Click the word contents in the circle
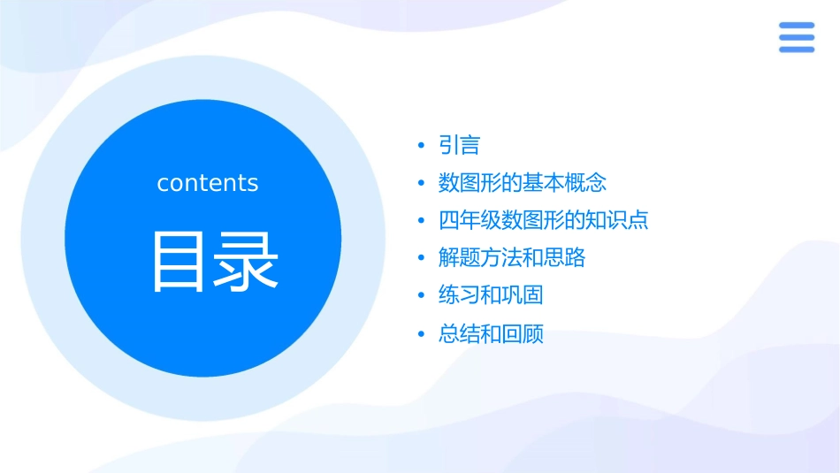[x=208, y=183]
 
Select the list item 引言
[x=459, y=145]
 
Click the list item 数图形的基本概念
[x=523, y=183]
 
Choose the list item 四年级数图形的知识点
[x=544, y=220]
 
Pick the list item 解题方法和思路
[x=512, y=258]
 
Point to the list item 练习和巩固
[x=491, y=295]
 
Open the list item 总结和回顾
[x=491, y=334]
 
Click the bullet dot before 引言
[x=422, y=145]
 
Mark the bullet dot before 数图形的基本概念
[x=422, y=183]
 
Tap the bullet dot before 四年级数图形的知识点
[x=422, y=221]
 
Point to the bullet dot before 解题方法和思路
[x=422, y=258]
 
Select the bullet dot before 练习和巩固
[x=422, y=296]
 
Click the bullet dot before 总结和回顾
[x=422, y=334]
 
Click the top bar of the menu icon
[x=797, y=26]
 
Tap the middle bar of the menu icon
[x=797, y=37]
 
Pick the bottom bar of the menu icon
[x=797, y=50]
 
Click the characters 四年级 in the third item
[x=470, y=220]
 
